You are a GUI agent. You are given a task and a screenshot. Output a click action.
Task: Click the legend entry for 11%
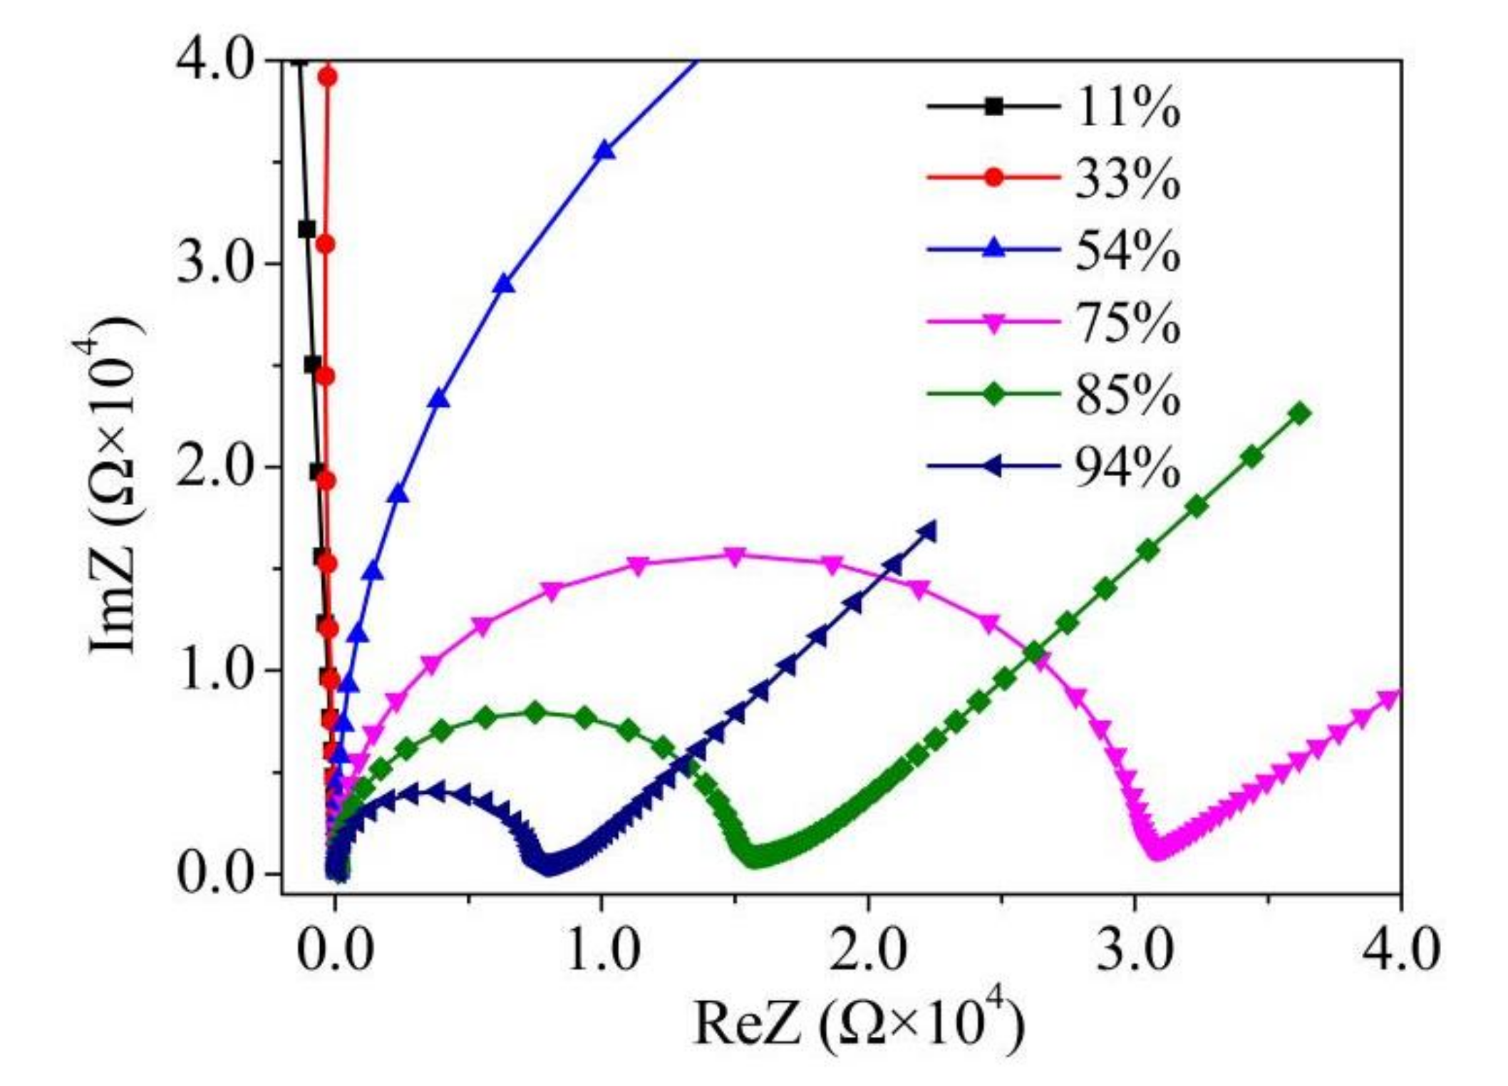click(1126, 108)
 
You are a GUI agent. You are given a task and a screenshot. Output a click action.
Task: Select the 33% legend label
click(1126, 180)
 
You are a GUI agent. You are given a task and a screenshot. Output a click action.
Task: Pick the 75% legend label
click(1126, 324)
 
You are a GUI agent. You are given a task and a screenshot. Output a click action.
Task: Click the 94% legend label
click(1126, 468)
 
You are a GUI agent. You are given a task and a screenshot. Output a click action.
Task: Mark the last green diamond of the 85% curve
click(1300, 414)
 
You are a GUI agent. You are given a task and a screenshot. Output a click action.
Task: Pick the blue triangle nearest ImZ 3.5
click(604, 151)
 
